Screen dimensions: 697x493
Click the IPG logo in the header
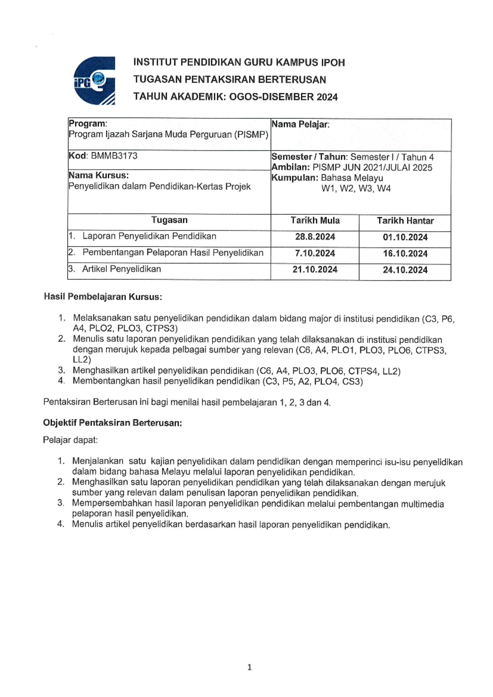point(94,81)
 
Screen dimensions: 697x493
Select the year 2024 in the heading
point(327,97)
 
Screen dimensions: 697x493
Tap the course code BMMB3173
point(114,156)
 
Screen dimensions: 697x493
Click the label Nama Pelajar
point(300,124)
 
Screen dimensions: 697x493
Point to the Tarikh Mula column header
point(315,221)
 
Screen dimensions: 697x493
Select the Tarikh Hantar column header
point(405,221)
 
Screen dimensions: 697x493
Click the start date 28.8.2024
point(315,237)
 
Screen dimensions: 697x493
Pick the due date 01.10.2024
point(405,238)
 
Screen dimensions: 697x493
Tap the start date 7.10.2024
point(315,254)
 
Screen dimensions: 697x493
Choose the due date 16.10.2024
point(405,254)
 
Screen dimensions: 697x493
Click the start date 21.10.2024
point(315,270)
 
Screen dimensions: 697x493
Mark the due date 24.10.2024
point(405,270)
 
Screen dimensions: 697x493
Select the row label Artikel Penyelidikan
point(122,269)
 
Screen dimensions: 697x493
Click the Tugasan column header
point(169,220)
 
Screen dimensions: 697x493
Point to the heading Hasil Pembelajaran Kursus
point(103,297)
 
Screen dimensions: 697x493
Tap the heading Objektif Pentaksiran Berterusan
point(112,423)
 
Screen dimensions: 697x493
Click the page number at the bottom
point(249,667)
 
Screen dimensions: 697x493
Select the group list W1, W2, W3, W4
point(356,189)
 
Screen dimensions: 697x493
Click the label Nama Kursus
point(99,175)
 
